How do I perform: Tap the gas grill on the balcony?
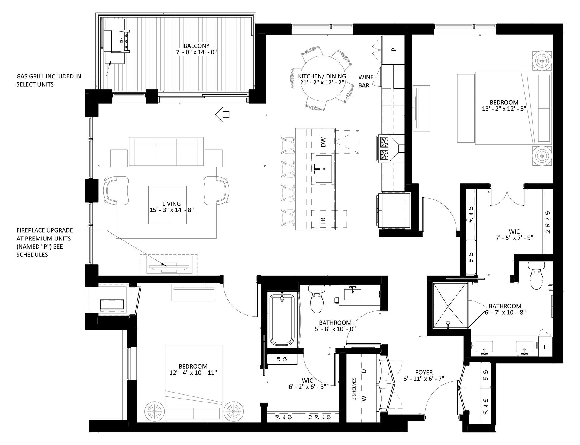[x=116, y=41]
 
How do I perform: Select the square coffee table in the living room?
[x=167, y=205]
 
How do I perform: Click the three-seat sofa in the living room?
[x=166, y=151]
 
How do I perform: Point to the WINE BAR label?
[x=366, y=81]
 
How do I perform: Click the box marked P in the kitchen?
[x=393, y=49]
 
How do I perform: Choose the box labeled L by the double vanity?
[x=545, y=347]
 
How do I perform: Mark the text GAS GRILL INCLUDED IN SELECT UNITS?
[x=49, y=80]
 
